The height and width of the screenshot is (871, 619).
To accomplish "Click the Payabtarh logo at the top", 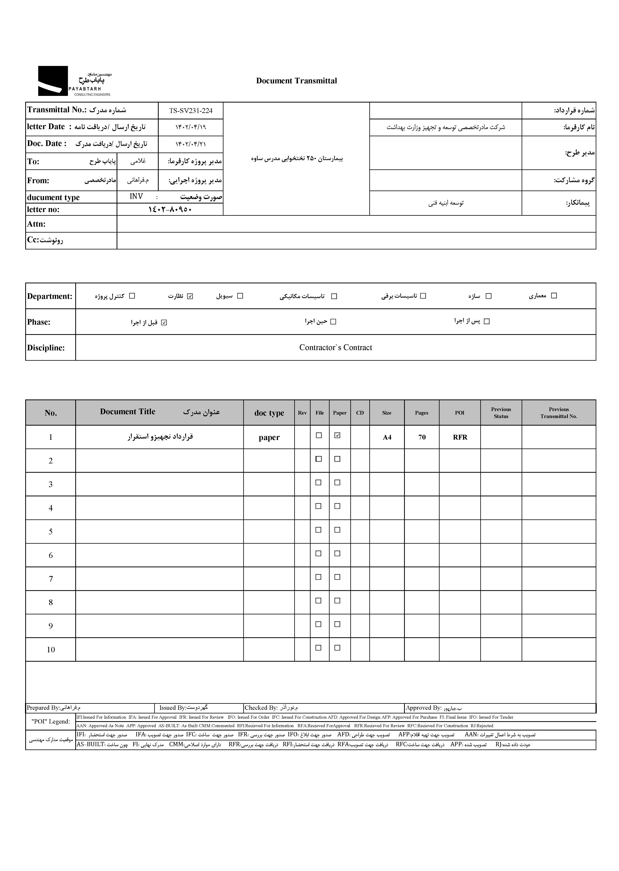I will [74, 81].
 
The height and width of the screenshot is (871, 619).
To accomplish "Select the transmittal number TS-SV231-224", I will [190, 111].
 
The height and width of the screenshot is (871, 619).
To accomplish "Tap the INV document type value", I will [136, 197].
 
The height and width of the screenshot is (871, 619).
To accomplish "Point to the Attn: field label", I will [36, 224].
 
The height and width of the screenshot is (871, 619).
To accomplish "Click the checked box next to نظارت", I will [190, 296].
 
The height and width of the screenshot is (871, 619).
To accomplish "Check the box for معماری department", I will [554, 296].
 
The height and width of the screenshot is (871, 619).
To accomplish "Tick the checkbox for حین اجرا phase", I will [333, 321].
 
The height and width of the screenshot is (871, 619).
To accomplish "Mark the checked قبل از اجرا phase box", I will [164, 323].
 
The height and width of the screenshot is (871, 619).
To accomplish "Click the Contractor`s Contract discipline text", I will [335, 347].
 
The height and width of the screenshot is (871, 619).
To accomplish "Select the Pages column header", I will [422, 413].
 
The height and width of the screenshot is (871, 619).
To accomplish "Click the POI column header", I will [460, 413].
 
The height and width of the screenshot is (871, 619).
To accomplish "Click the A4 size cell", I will [387, 437].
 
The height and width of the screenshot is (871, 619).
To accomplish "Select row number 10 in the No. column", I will [51, 650].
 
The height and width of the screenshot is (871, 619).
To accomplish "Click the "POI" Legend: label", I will [51, 721].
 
